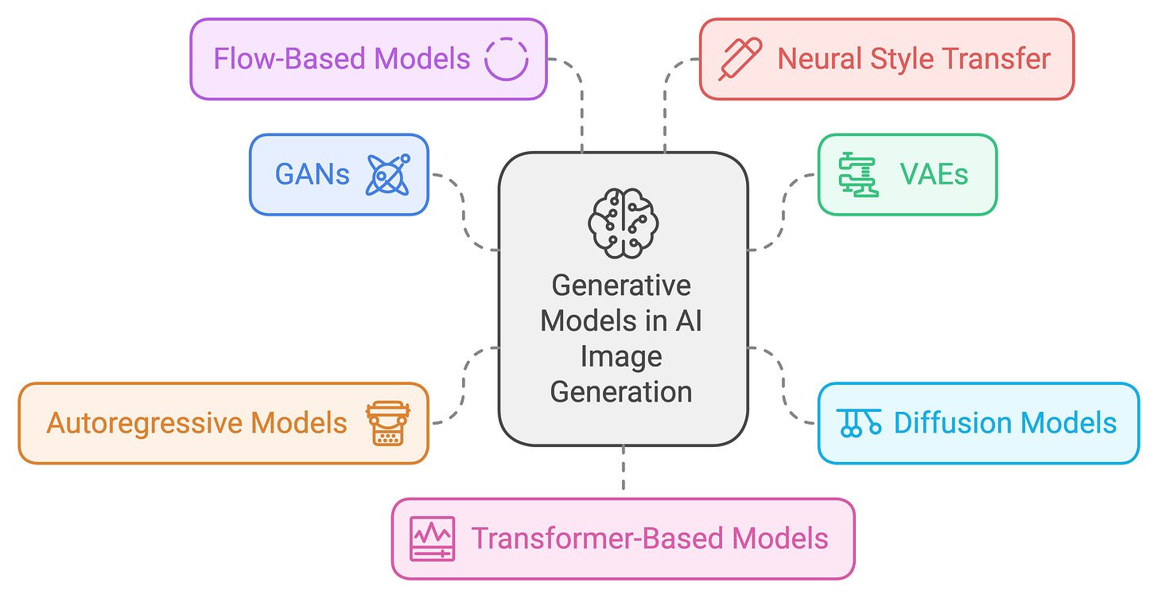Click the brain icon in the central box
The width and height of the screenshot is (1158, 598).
623,223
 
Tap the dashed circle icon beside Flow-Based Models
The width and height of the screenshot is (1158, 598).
506,59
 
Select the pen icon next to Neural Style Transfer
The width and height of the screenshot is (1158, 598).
740,59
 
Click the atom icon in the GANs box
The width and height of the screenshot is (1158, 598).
388,174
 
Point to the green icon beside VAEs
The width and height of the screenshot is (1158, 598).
859,174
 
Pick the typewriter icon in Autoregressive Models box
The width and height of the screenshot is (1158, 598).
387,423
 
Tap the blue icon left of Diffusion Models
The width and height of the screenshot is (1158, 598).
859,422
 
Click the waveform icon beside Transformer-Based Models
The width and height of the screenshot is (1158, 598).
432,538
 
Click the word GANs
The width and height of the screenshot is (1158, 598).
312,174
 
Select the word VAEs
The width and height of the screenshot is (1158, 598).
934,174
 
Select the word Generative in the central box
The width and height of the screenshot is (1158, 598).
622,285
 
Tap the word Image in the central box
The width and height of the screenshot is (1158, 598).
620,356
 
